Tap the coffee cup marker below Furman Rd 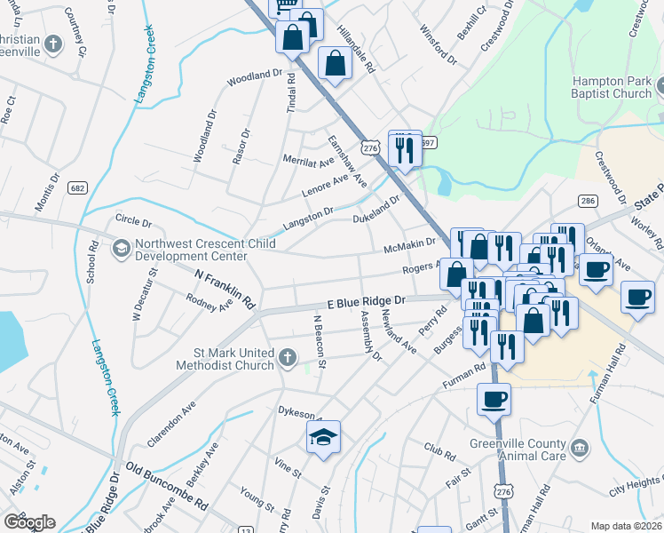pos(494,399)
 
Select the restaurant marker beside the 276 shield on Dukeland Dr pos(405,147)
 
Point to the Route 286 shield pos(587,202)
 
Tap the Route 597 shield pos(428,142)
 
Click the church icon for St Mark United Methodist pos(287,357)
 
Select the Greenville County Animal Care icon pos(581,446)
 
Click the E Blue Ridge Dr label pos(365,302)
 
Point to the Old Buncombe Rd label pos(166,484)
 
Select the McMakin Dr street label pos(408,243)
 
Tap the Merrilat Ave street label pos(307,161)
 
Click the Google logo pos(29,522)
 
